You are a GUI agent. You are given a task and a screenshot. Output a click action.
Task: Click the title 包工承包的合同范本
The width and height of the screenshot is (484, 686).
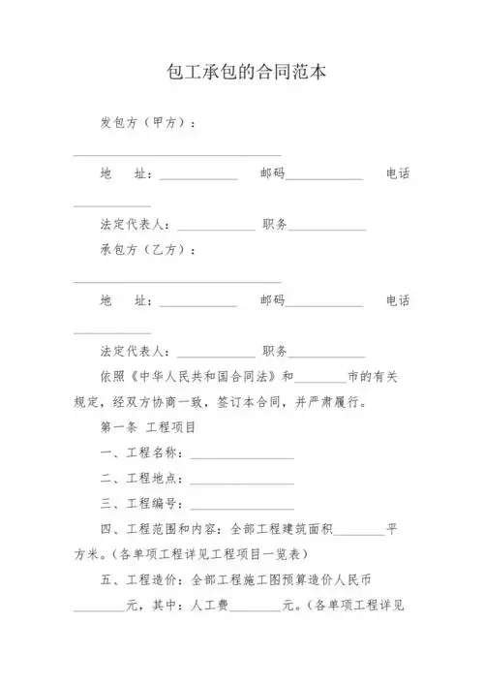tap(242, 72)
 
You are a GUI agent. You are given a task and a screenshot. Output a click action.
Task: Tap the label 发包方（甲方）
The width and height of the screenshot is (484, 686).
tap(150, 123)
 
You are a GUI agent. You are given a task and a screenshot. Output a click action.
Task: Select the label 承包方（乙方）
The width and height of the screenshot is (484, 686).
tap(150, 250)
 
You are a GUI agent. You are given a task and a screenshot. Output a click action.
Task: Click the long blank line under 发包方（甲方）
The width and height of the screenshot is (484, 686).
tap(177, 154)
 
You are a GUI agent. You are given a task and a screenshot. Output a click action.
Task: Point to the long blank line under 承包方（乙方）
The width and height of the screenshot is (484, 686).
tap(177, 281)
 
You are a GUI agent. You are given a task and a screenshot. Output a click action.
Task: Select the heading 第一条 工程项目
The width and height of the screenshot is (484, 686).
tap(149, 427)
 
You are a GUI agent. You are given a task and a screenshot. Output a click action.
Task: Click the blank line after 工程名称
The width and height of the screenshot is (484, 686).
tap(242, 456)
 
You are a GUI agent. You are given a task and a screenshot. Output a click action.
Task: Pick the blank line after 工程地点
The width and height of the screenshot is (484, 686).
tap(242, 482)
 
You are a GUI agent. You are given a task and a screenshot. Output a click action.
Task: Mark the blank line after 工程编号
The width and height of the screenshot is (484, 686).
tap(242, 507)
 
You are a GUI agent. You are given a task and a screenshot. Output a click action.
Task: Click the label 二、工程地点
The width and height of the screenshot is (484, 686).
tap(140, 479)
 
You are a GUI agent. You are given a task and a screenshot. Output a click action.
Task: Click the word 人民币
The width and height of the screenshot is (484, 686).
tap(378, 579)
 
